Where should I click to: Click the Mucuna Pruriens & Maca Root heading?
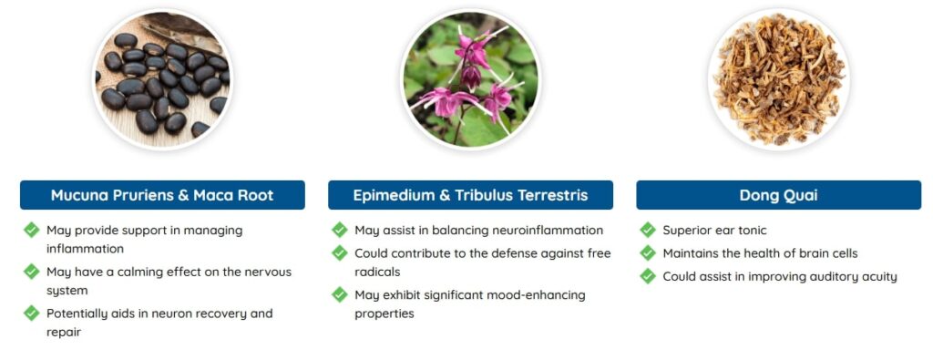tap(162, 195)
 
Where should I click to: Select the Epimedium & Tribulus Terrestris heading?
tap(470, 195)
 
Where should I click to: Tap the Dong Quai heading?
tap(778, 195)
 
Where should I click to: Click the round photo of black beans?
tap(162, 79)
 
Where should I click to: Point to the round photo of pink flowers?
tap(470, 79)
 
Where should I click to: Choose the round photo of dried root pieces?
tap(778, 79)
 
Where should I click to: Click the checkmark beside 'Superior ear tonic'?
tap(648, 230)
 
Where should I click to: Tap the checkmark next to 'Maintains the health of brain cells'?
tap(648, 252)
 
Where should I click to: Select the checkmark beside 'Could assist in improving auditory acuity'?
tap(648, 275)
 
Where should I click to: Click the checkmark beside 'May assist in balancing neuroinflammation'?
tap(340, 230)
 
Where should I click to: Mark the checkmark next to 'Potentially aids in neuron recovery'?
tap(32, 313)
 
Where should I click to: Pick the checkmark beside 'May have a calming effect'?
tap(32, 271)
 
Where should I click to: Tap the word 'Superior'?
tap(690, 231)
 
